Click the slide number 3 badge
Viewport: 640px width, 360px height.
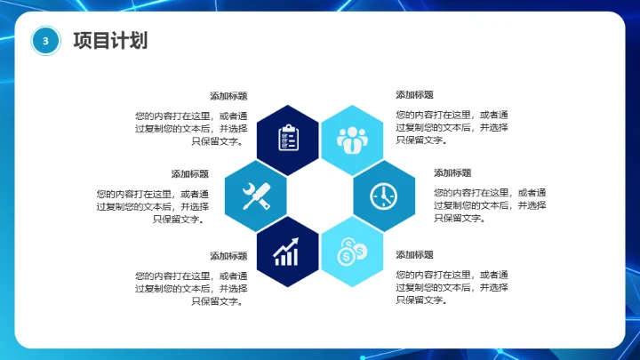point(46,40)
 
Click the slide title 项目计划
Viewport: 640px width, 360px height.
point(110,40)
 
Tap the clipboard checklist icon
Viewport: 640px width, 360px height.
point(287,138)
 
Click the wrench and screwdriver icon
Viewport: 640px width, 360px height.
point(255,194)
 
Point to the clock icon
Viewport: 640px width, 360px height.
point(383,195)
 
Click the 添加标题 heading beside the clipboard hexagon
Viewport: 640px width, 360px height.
point(228,96)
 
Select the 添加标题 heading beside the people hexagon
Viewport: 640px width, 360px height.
point(414,95)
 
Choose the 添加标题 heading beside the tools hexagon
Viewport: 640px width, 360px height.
point(190,174)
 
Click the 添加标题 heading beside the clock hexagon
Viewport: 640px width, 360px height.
point(452,173)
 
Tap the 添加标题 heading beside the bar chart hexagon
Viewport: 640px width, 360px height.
point(228,256)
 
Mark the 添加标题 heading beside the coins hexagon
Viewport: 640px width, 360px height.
point(414,255)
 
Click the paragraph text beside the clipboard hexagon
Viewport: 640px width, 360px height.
point(192,127)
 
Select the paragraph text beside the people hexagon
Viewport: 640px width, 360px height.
point(452,127)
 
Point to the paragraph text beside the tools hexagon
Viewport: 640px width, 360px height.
point(153,206)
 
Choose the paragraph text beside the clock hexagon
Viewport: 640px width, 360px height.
point(490,205)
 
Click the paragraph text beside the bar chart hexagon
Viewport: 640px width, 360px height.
point(192,288)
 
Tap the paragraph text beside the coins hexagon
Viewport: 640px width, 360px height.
point(452,287)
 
